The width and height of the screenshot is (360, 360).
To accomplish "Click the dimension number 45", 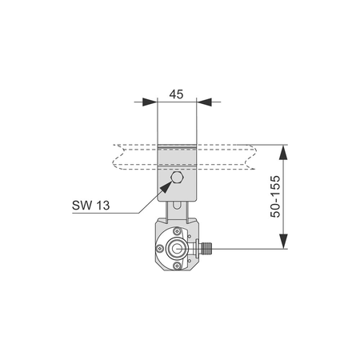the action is [x=176, y=94].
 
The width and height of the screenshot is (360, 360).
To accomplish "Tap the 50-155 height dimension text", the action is [x=275, y=197].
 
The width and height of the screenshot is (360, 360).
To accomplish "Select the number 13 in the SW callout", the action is [x=103, y=206].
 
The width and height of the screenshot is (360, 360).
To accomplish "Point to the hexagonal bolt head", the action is [x=177, y=178].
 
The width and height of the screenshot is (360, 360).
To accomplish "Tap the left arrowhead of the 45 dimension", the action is [x=150, y=102].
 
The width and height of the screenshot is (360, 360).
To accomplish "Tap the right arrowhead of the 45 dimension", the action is [x=204, y=102].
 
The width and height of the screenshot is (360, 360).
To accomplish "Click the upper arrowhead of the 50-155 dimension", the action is [x=283, y=152].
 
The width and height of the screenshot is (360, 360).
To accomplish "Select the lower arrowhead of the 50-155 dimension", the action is [x=283, y=241].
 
